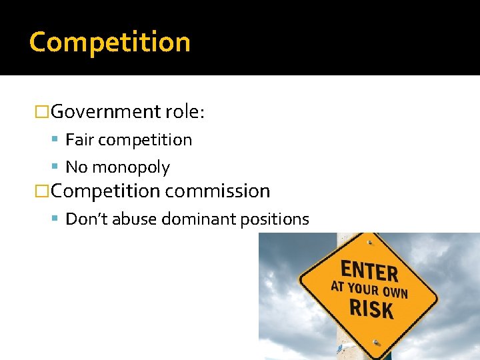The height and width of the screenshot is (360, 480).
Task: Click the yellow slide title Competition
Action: pos(110,42)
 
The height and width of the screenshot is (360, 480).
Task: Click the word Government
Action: pos(106,111)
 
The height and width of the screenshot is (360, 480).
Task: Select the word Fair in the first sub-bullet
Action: pos(79,140)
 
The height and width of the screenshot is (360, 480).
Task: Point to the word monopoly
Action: pos(131,167)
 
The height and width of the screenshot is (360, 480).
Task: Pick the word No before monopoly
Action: pos(76,167)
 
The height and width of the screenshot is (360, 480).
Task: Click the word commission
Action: pos(218,191)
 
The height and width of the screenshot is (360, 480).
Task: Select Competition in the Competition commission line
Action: pos(105,191)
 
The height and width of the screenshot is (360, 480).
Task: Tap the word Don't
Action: pos(87,219)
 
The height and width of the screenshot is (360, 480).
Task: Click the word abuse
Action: pos(132,219)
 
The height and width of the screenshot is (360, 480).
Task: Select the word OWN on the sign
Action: pos(395,293)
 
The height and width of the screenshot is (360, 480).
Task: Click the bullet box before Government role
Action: pos(42,111)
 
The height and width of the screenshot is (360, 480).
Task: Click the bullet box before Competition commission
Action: pos(42,191)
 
